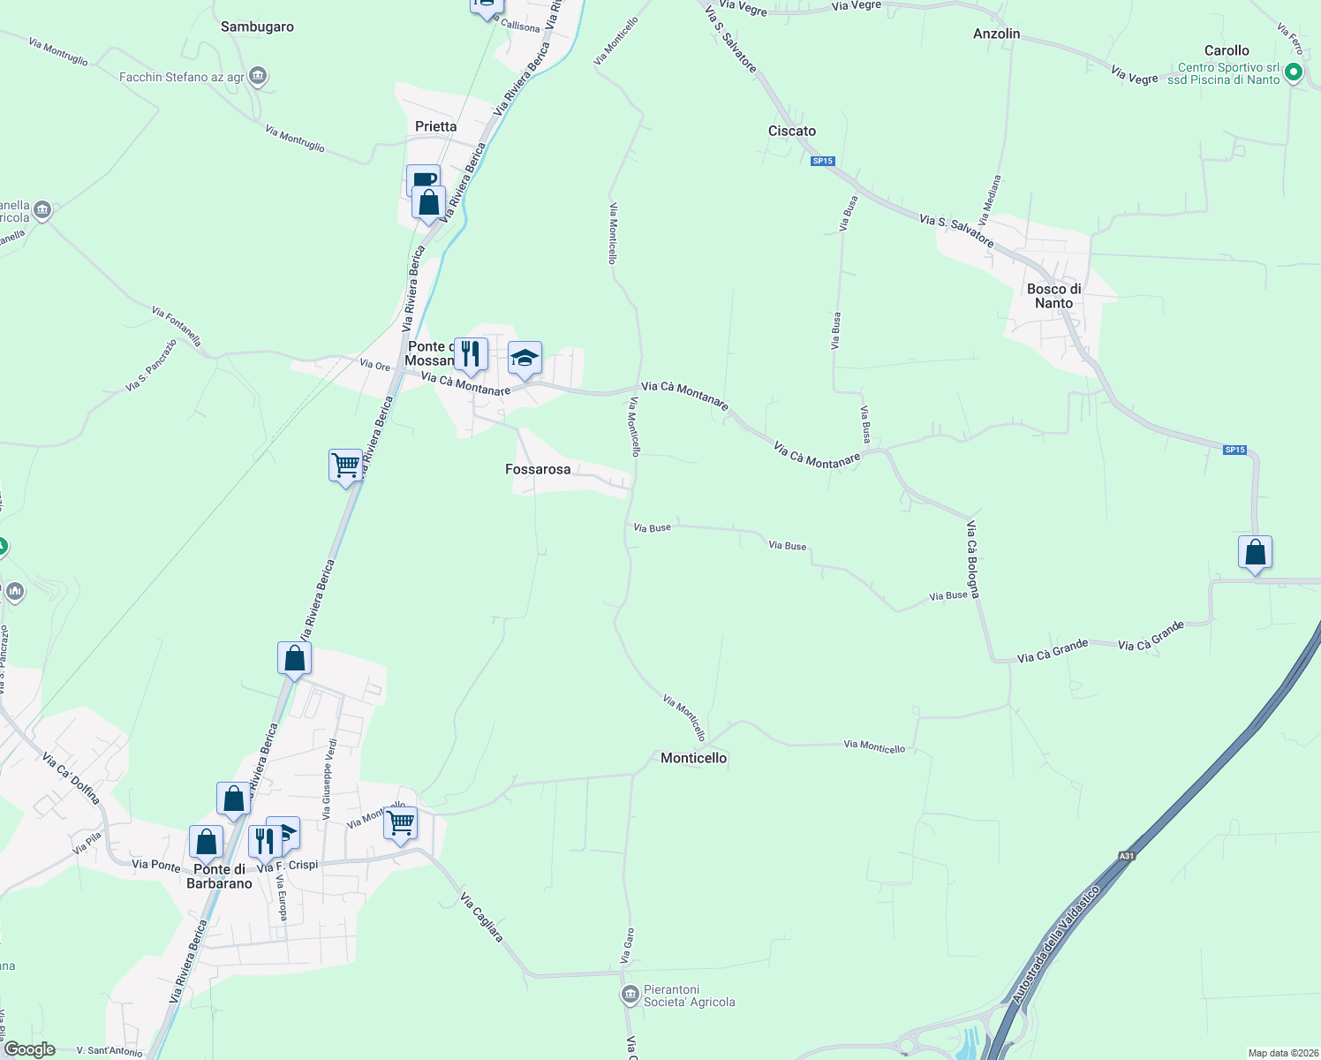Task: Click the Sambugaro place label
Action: tap(257, 26)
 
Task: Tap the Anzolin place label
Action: tap(996, 34)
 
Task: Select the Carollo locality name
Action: tap(1227, 50)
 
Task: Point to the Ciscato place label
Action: tap(792, 131)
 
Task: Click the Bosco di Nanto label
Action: tap(1053, 296)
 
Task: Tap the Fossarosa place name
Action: tap(538, 469)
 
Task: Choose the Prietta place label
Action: tap(436, 126)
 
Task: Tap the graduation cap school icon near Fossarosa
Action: tap(525, 359)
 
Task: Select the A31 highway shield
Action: tap(1126, 856)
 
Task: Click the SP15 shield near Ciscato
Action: tap(822, 161)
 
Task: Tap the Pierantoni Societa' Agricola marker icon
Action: tap(630, 996)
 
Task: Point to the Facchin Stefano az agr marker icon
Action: tap(258, 77)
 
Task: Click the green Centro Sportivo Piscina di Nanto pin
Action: tap(1294, 72)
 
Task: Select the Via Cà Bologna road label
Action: tap(972, 559)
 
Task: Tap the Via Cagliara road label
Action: tap(482, 917)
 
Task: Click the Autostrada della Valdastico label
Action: tap(1056, 946)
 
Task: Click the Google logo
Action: tap(30, 1049)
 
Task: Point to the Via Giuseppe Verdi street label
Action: tap(328, 778)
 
